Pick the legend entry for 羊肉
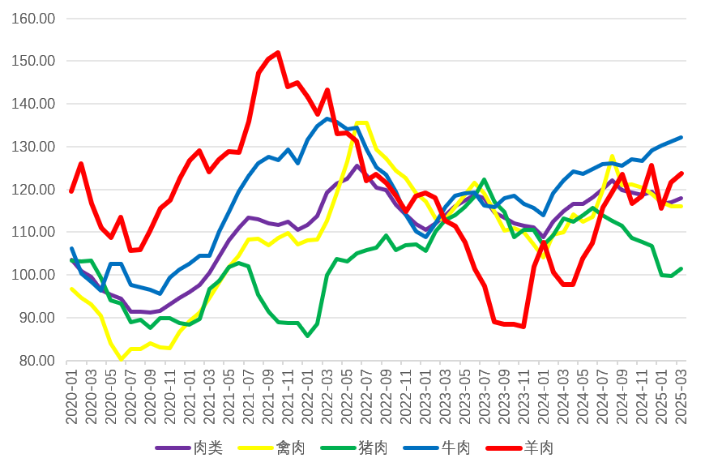(538, 447)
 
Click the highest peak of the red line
(278, 53)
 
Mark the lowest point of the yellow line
(121, 359)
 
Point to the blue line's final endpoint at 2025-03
(681, 138)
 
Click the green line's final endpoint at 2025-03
(681, 268)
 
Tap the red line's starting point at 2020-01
(71, 191)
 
